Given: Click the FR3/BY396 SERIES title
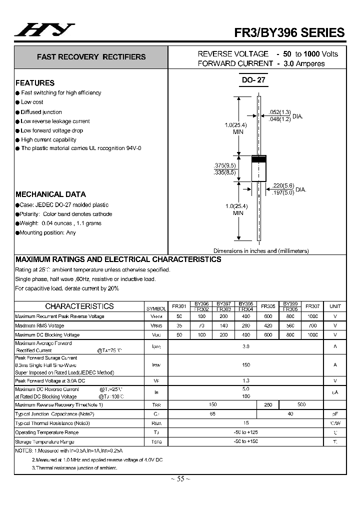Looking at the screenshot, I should tap(289, 32).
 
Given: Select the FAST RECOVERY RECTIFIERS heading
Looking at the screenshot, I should tap(91, 57).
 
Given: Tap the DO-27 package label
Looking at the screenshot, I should tap(253, 79).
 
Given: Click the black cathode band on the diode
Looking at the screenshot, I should tap(258, 159).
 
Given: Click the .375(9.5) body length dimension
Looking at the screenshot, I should tap(224, 165).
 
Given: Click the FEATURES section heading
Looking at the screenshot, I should tap(35, 83).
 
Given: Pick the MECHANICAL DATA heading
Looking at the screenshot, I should tap(50, 194).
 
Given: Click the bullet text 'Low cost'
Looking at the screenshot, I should tap(32, 102).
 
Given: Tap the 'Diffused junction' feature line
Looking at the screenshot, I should tap(41, 112).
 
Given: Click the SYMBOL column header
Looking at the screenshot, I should tap(156, 308).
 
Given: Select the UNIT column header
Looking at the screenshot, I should tap(335, 306).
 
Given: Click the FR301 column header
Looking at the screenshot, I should tap(179, 306).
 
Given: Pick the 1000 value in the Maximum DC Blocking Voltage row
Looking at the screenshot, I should tap(312, 335).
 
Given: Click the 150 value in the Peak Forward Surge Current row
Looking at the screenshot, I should tap(246, 365).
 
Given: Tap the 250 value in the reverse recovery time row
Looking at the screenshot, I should tap(267, 404).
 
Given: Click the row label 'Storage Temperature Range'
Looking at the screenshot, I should tap(44, 441).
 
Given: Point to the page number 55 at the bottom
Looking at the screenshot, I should tap(180, 478).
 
